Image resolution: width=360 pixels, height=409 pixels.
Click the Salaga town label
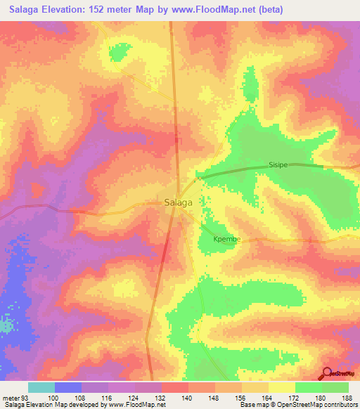178,202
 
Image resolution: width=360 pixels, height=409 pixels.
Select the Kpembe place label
227,239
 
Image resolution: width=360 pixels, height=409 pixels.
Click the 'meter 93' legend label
15,398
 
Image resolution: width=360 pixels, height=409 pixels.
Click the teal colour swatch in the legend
41,387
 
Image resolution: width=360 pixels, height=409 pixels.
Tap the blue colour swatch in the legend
68,387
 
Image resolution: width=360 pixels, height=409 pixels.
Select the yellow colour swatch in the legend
281,387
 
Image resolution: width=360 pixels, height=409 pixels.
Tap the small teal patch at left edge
6,325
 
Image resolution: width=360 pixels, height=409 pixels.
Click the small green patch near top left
119,51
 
